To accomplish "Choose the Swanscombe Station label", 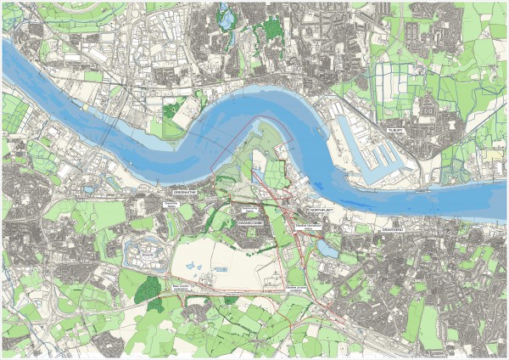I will pyautogui.click(x=249, y=206).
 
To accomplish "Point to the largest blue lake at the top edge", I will pyautogui.click(x=226, y=14).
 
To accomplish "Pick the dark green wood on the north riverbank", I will pyautogui.click(x=175, y=109).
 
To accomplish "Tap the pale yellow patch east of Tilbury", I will pyautogui.click(x=493, y=156).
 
